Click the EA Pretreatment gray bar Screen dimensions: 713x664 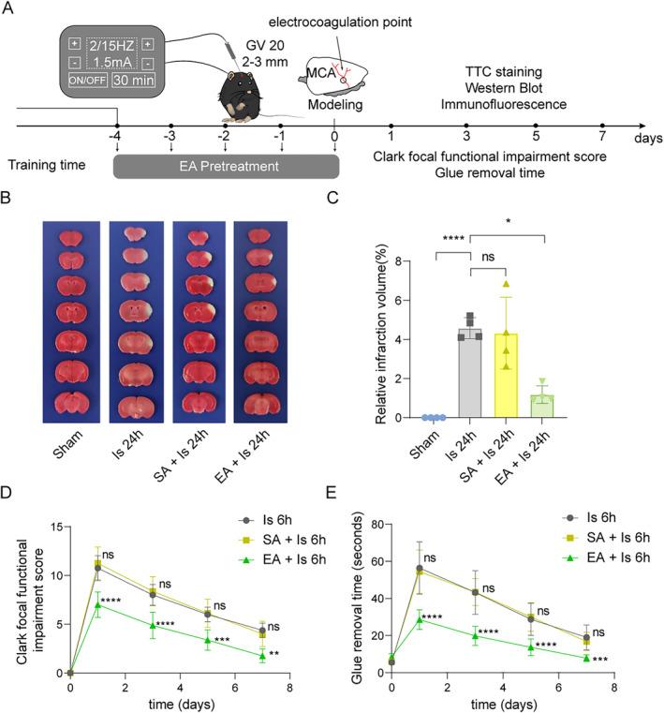tap(226, 165)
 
